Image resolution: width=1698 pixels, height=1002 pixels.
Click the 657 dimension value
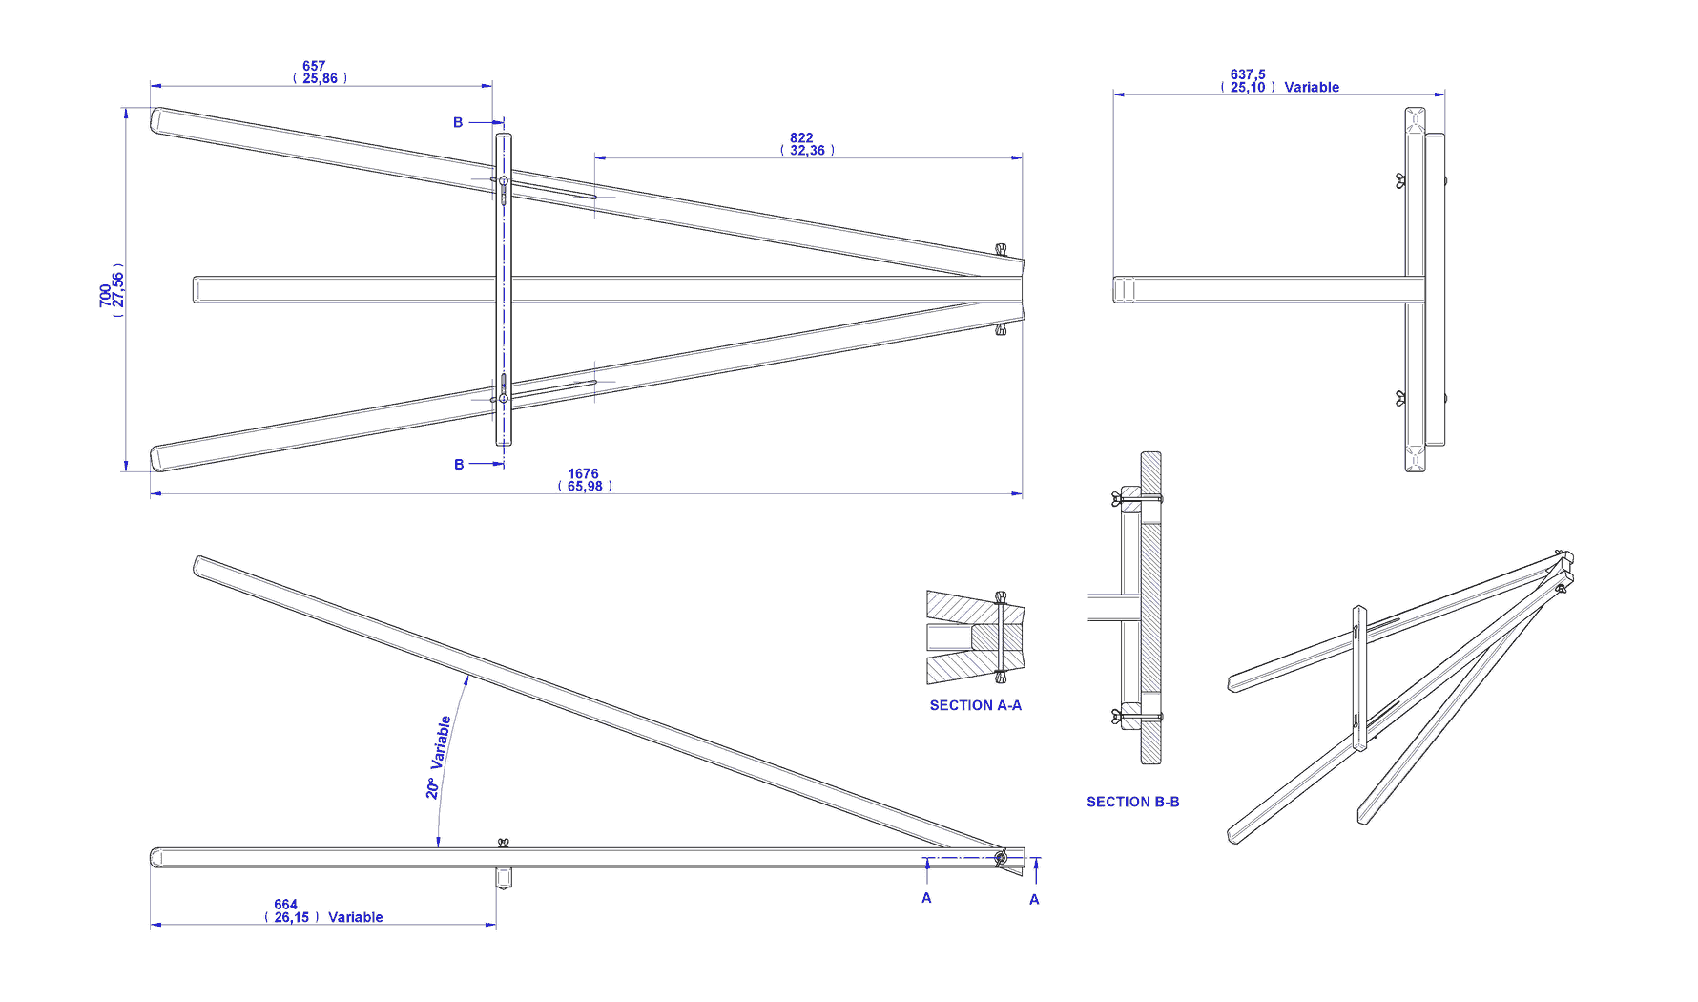click(x=314, y=67)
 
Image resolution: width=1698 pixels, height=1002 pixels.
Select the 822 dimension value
click(x=801, y=138)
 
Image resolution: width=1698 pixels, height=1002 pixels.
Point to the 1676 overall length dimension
click(x=583, y=474)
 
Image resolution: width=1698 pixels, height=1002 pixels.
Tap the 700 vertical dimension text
click(x=105, y=295)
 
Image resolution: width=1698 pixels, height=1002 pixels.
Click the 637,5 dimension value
click(x=1248, y=74)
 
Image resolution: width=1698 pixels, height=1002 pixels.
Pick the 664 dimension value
click(x=285, y=905)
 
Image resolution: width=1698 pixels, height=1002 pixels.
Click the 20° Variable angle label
click(x=438, y=757)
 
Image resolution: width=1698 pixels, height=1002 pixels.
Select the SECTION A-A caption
click(x=975, y=705)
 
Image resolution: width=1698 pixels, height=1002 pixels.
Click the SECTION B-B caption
click(x=1132, y=802)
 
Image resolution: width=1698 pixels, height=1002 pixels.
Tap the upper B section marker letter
click(x=458, y=122)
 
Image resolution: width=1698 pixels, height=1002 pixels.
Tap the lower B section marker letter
click(x=459, y=465)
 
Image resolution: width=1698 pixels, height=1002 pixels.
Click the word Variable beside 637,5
click(x=1312, y=88)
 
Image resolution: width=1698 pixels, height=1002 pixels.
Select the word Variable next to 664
click(x=356, y=918)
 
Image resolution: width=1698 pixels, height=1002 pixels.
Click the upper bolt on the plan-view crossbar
click(x=504, y=180)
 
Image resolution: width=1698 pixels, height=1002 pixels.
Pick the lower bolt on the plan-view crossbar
click(x=504, y=398)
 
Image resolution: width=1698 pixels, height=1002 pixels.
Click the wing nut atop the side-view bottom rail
click(x=503, y=843)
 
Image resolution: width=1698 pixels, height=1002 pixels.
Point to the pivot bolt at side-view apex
click(x=1001, y=858)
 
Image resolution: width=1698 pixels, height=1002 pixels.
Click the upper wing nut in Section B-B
click(x=1116, y=498)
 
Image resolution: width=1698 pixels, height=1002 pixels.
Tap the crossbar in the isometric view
click(x=1359, y=678)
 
